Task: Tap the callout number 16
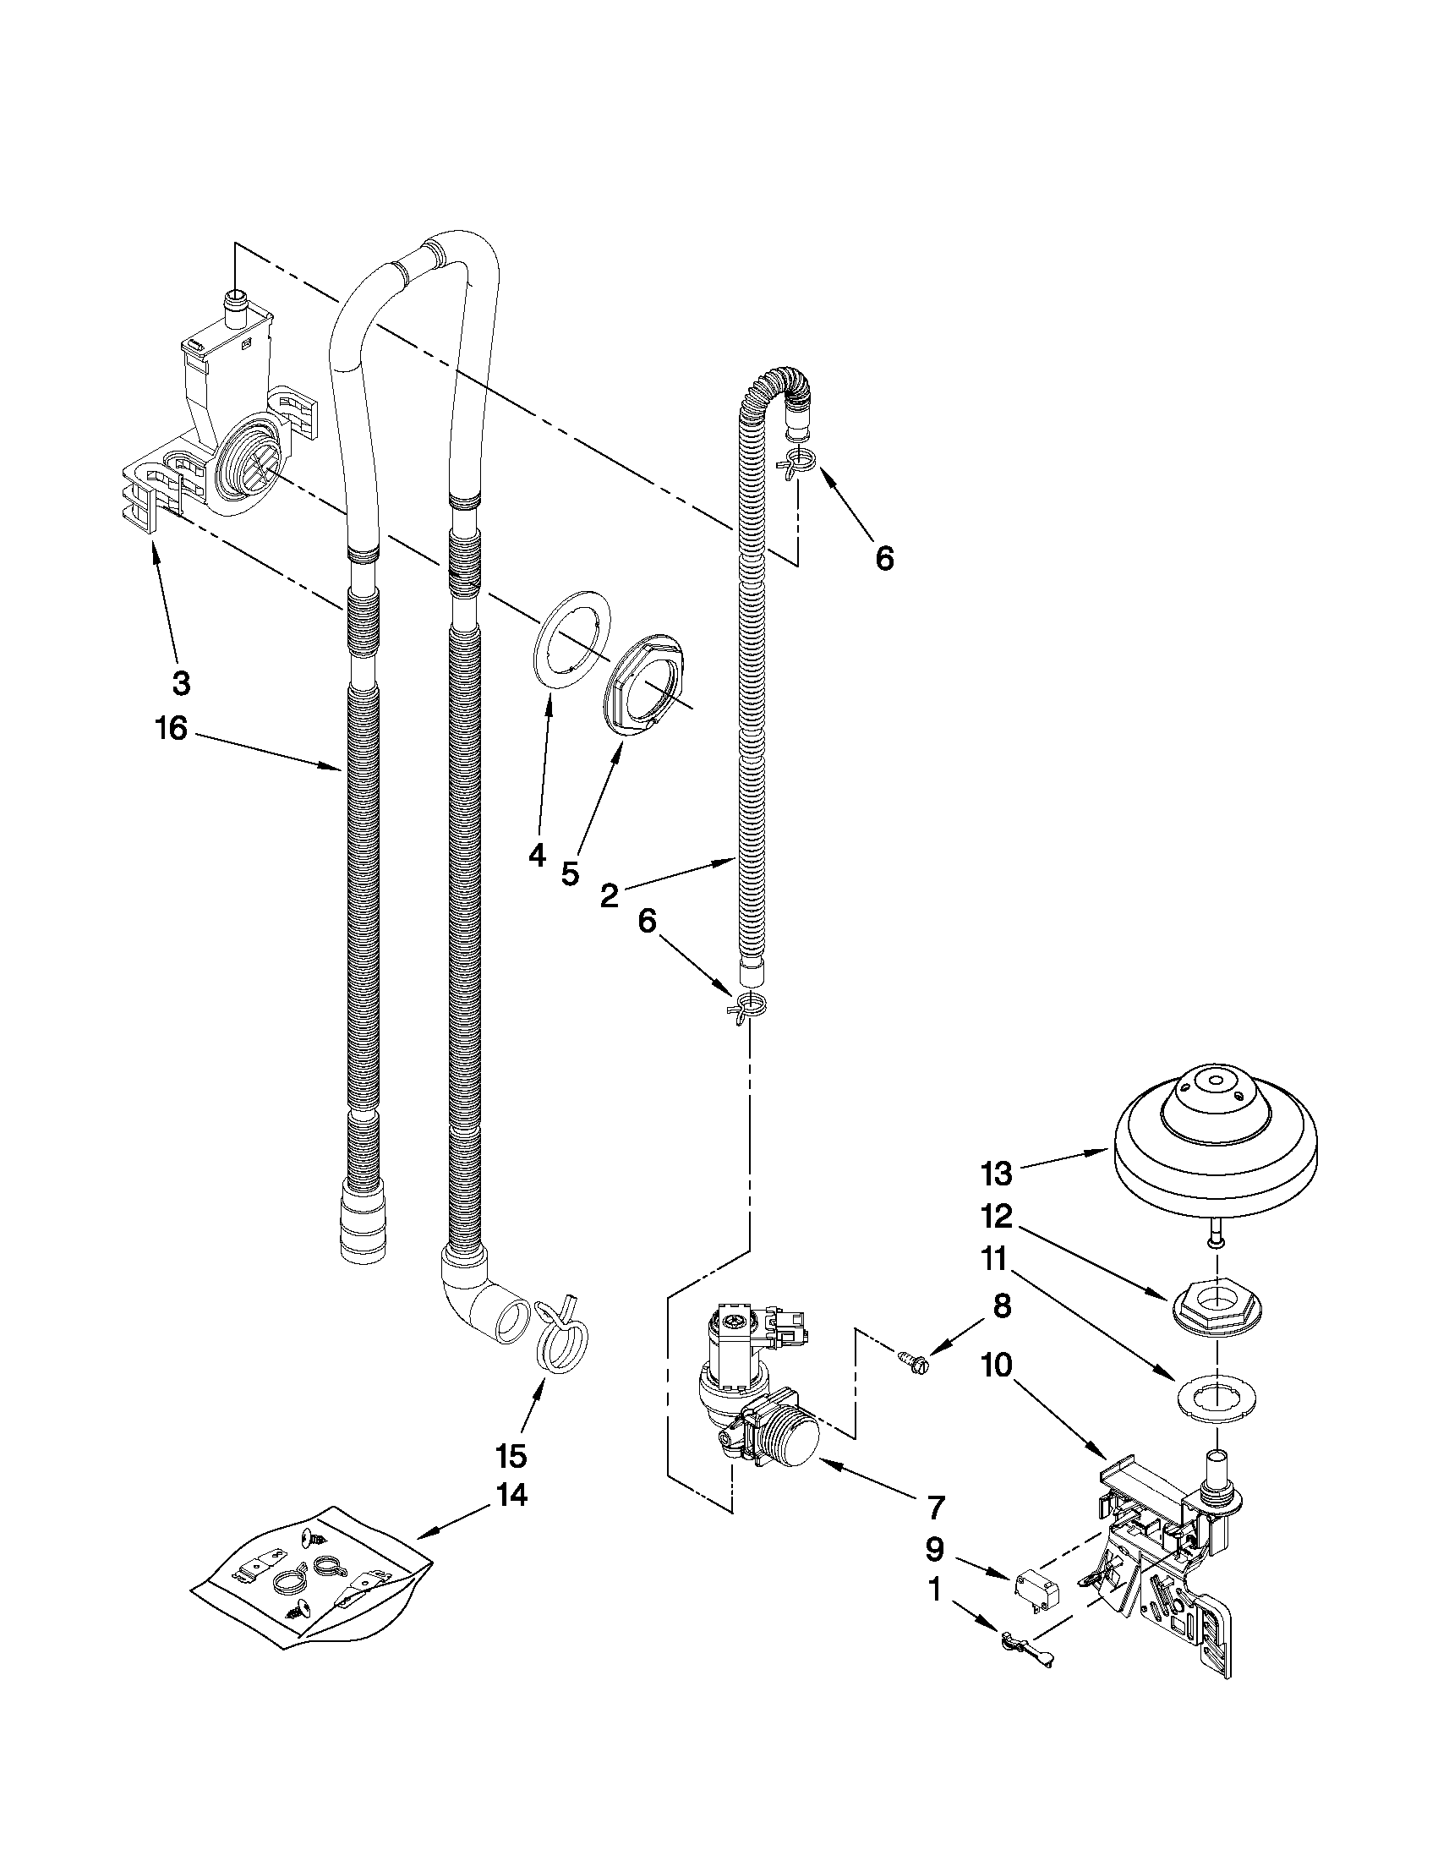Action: (x=172, y=729)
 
